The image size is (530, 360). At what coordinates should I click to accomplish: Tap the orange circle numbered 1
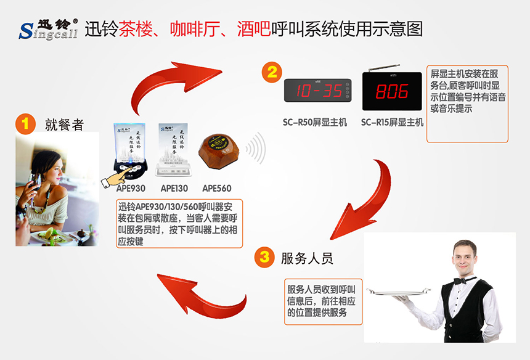pyautogui.click(x=25, y=123)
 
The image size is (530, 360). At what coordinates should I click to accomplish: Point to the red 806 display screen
pyautogui.click(x=392, y=92)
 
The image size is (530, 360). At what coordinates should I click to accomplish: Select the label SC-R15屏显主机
pyautogui.click(x=392, y=122)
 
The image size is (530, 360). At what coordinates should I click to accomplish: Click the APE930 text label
pyautogui.click(x=131, y=188)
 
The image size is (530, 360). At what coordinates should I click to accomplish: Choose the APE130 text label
pyautogui.click(x=174, y=188)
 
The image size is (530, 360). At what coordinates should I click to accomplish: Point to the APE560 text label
pyautogui.click(x=217, y=188)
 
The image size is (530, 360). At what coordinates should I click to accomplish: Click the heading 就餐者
pyautogui.click(x=64, y=125)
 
